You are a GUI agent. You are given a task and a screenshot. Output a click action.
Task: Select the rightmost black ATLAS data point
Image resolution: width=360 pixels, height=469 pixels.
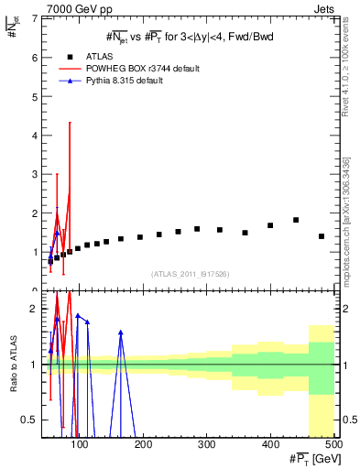point(322,236)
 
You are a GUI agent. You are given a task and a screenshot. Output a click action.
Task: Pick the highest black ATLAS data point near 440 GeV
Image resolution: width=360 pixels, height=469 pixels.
point(296,220)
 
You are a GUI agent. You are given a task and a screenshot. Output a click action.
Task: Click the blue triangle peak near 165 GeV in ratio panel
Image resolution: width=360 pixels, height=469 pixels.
point(121,333)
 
